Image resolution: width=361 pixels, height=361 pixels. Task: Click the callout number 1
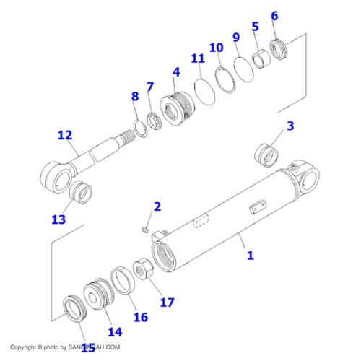coord(251,255)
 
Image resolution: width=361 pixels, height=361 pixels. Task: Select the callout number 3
coord(290,126)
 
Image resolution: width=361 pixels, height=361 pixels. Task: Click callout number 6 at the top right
coord(274,16)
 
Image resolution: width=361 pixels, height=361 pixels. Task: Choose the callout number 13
coord(58,219)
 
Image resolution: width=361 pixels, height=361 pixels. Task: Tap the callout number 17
coord(167,303)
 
